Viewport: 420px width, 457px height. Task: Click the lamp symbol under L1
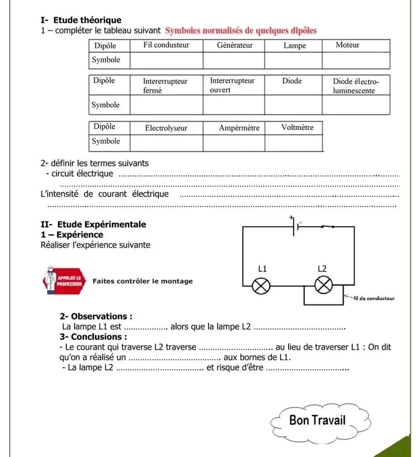pyautogui.click(x=261, y=285)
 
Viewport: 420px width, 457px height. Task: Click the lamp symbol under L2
pyautogui.click(x=322, y=285)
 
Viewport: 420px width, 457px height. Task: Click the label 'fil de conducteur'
pyautogui.click(x=374, y=298)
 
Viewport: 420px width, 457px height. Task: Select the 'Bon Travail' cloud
pyautogui.click(x=317, y=420)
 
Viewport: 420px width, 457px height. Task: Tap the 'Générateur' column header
pyautogui.click(x=235, y=45)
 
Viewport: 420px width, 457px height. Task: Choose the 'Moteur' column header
pyautogui.click(x=348, y=45)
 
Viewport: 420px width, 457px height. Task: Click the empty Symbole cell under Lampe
pyautogui.click(x=294, y=60)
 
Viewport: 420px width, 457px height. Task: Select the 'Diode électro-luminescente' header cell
pyautogui.click(x=356, y=86)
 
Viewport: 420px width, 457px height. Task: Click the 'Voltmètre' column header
pyautogui.click(x=297, y=127)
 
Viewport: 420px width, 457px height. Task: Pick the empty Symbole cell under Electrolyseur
pyautogui.click(x=166, y=142)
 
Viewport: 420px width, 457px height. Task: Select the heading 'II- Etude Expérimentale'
pyautogui.click(x=93, y=224)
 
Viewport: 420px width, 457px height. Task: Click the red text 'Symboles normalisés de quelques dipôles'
pyautogui.click(x=241, y=30)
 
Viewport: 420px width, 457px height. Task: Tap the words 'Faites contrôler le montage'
pyautogui.click(x=142, y=281)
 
